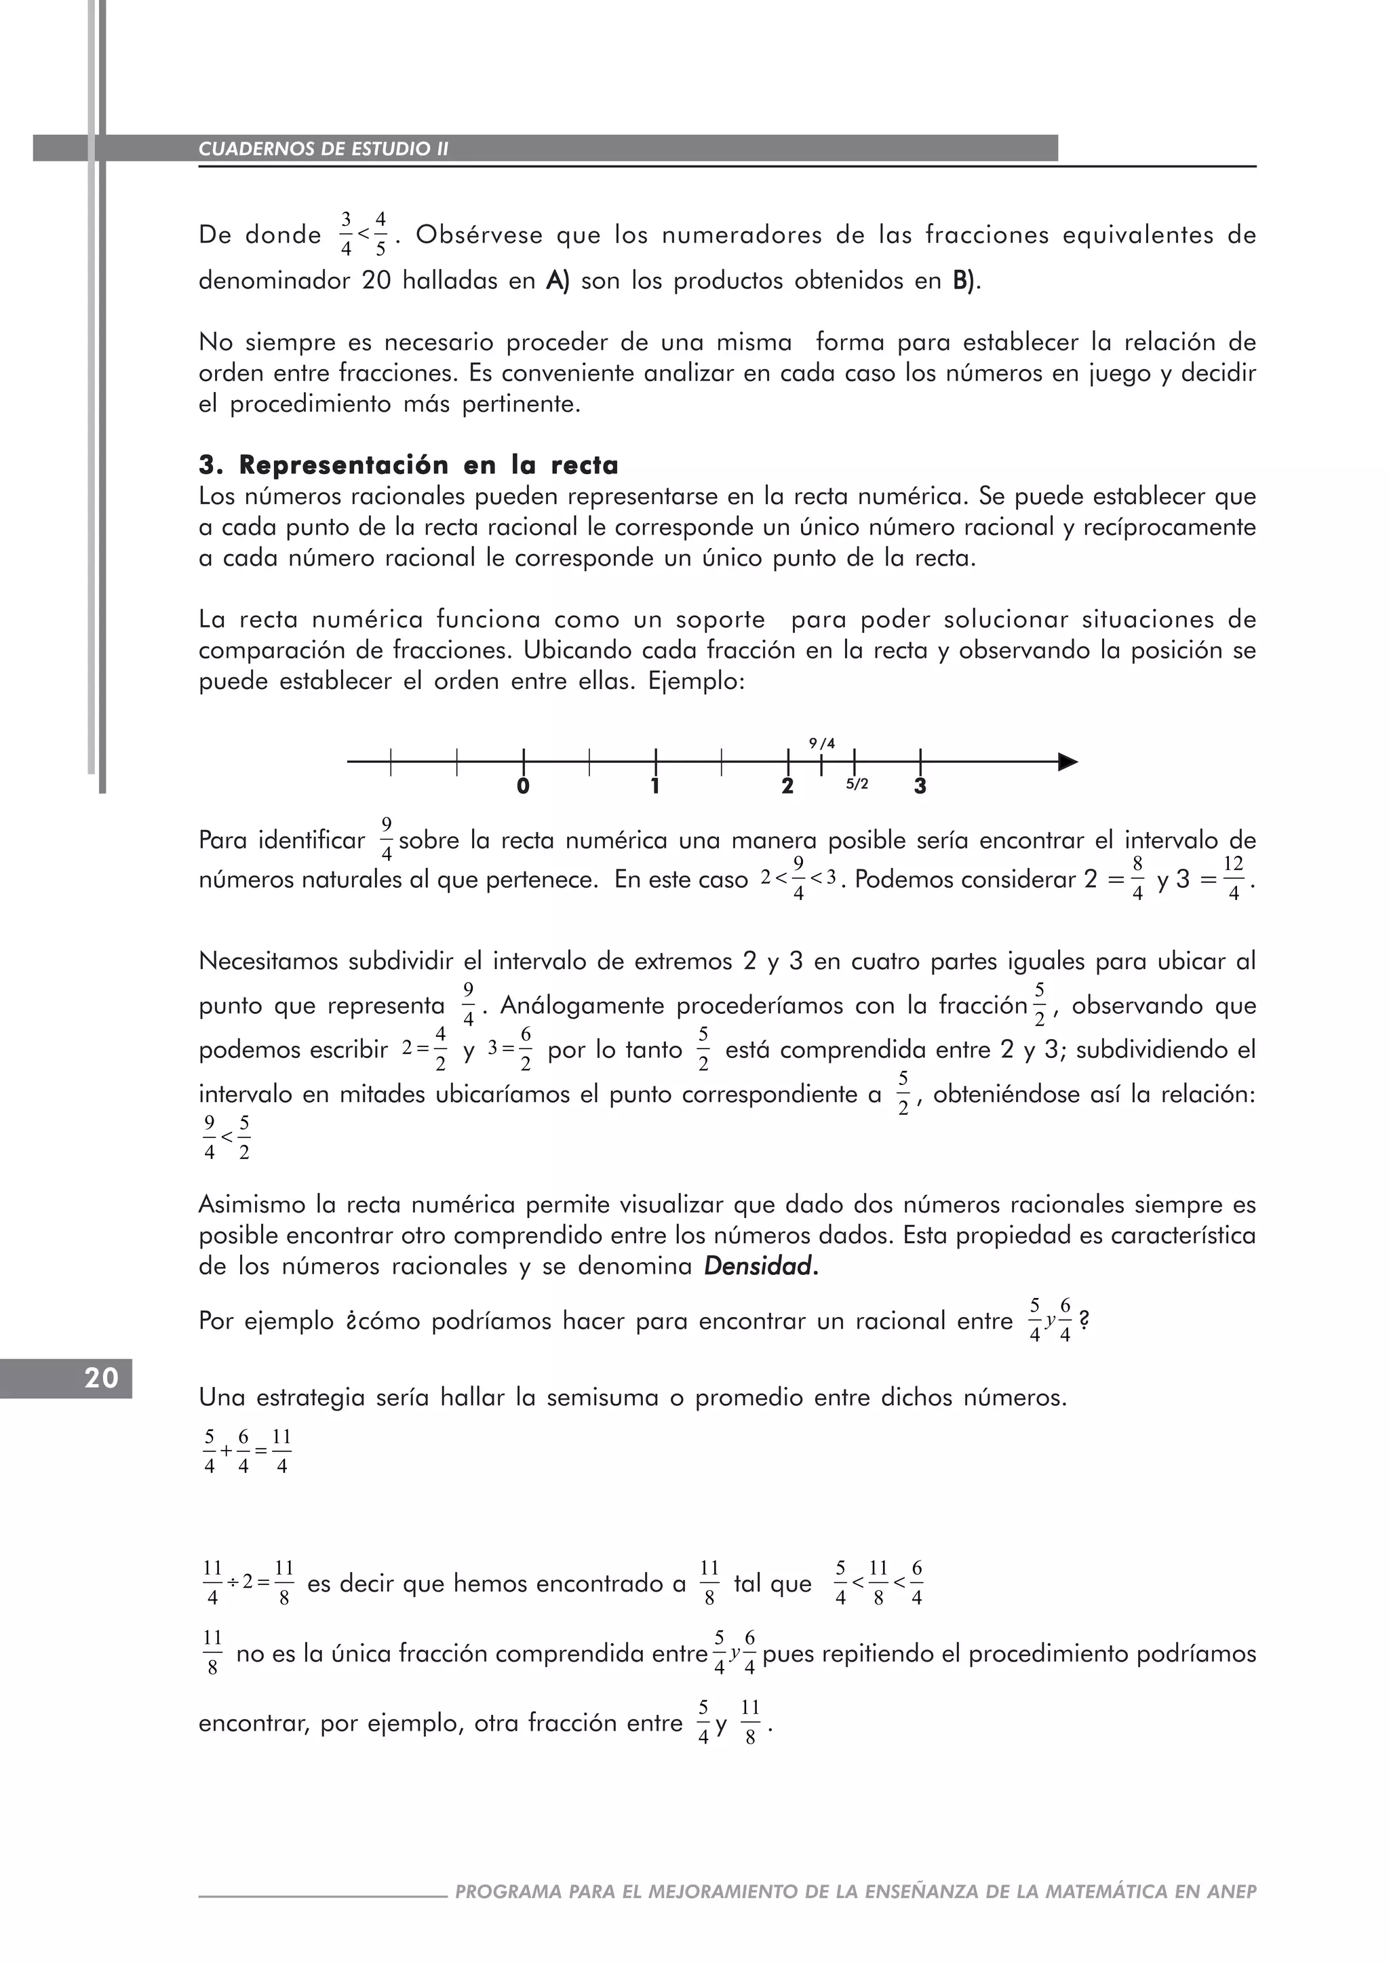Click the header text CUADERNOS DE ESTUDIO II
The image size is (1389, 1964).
[x=324, y=149]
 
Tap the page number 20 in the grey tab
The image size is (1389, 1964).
[x=101, y=1378]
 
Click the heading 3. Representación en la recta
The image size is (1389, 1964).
[x=408, y=465]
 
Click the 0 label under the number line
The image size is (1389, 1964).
[x=523, y=786]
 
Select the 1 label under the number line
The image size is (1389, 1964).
[x=655, y=786]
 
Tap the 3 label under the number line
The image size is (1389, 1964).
[x=920, y=786]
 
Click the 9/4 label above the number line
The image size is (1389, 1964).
[x=822, y=743]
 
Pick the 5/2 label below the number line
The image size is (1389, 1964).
[x=857, y=783]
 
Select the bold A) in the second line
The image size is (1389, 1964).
[x=557, y=281]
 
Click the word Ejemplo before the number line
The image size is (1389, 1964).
[x=698, y=682]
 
